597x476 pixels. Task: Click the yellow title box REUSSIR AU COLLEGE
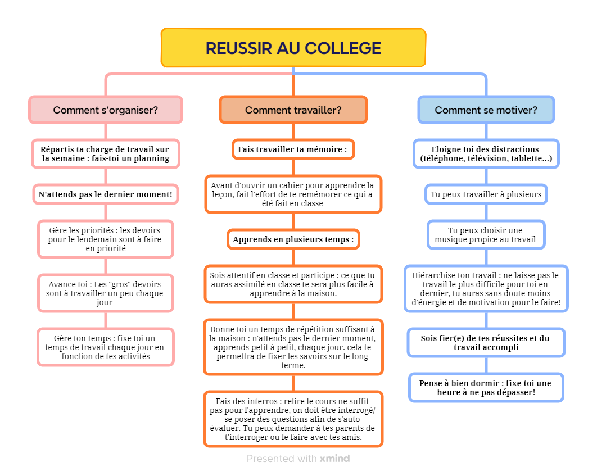pos(293,48)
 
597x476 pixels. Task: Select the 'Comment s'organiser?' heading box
pos(106,110)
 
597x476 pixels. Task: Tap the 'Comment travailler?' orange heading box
pos(293,110)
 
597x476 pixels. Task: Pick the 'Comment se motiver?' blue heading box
pos(486,110)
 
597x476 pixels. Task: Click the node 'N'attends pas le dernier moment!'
pos(106,194)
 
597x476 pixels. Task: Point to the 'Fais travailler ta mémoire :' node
pos(293,149)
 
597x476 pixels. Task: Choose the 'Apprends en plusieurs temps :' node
pos(293,239)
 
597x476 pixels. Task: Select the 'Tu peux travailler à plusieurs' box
pos(486,194)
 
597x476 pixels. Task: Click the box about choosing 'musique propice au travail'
pos(486,235)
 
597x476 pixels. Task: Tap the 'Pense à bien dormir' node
pos(486,388)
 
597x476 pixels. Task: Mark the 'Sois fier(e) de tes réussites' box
pos(486,343)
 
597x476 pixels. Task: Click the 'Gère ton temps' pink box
pos(106,347)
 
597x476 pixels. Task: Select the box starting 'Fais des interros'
pos(293,419)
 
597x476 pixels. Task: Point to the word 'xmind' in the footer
pos(334,459)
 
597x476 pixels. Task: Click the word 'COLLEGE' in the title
pos(343,48)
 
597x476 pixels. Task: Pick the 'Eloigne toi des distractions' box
pos(486,154)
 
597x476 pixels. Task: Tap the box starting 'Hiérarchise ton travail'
pos(486,289)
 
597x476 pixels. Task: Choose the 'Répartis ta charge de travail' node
pos(106,154)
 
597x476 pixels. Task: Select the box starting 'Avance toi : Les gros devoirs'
pos(106,293)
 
